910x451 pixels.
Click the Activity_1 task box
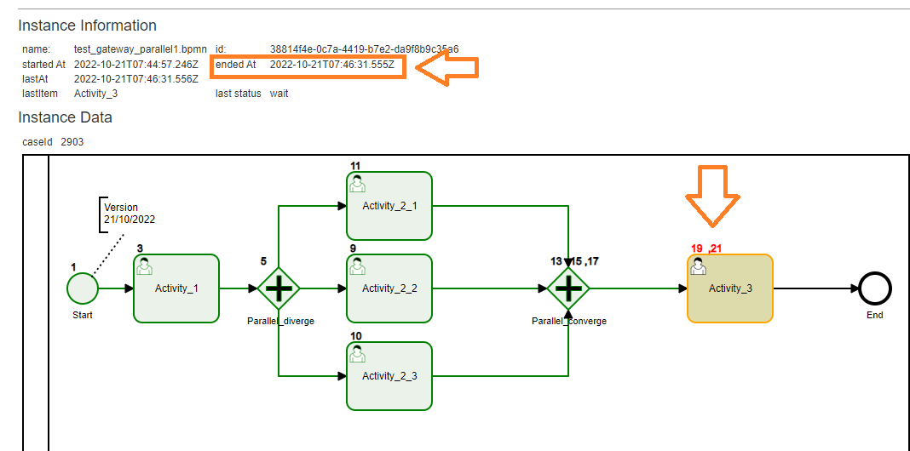click(176, 288)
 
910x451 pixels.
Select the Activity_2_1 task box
click(389, 205)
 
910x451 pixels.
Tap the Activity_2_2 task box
click(389, 288)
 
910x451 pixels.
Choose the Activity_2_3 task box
click(389, 375)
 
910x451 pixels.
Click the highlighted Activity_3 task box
click(730, 288)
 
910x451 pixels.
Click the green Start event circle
click(83, 288)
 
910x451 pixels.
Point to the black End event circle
click(875, 288)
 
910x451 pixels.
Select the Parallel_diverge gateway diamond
click(279, 288)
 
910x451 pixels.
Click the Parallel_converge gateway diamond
click(568, 288)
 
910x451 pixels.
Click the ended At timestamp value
click(331, 65)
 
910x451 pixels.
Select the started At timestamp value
click(135, 65)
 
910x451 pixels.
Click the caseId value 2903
click(72, 141)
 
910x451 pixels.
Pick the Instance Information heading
click(87, 26)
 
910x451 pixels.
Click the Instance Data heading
click(65, 117)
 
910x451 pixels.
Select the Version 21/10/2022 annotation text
click(130, 213)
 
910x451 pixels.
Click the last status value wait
click(279, 94)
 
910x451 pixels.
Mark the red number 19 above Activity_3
click(697, 248)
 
